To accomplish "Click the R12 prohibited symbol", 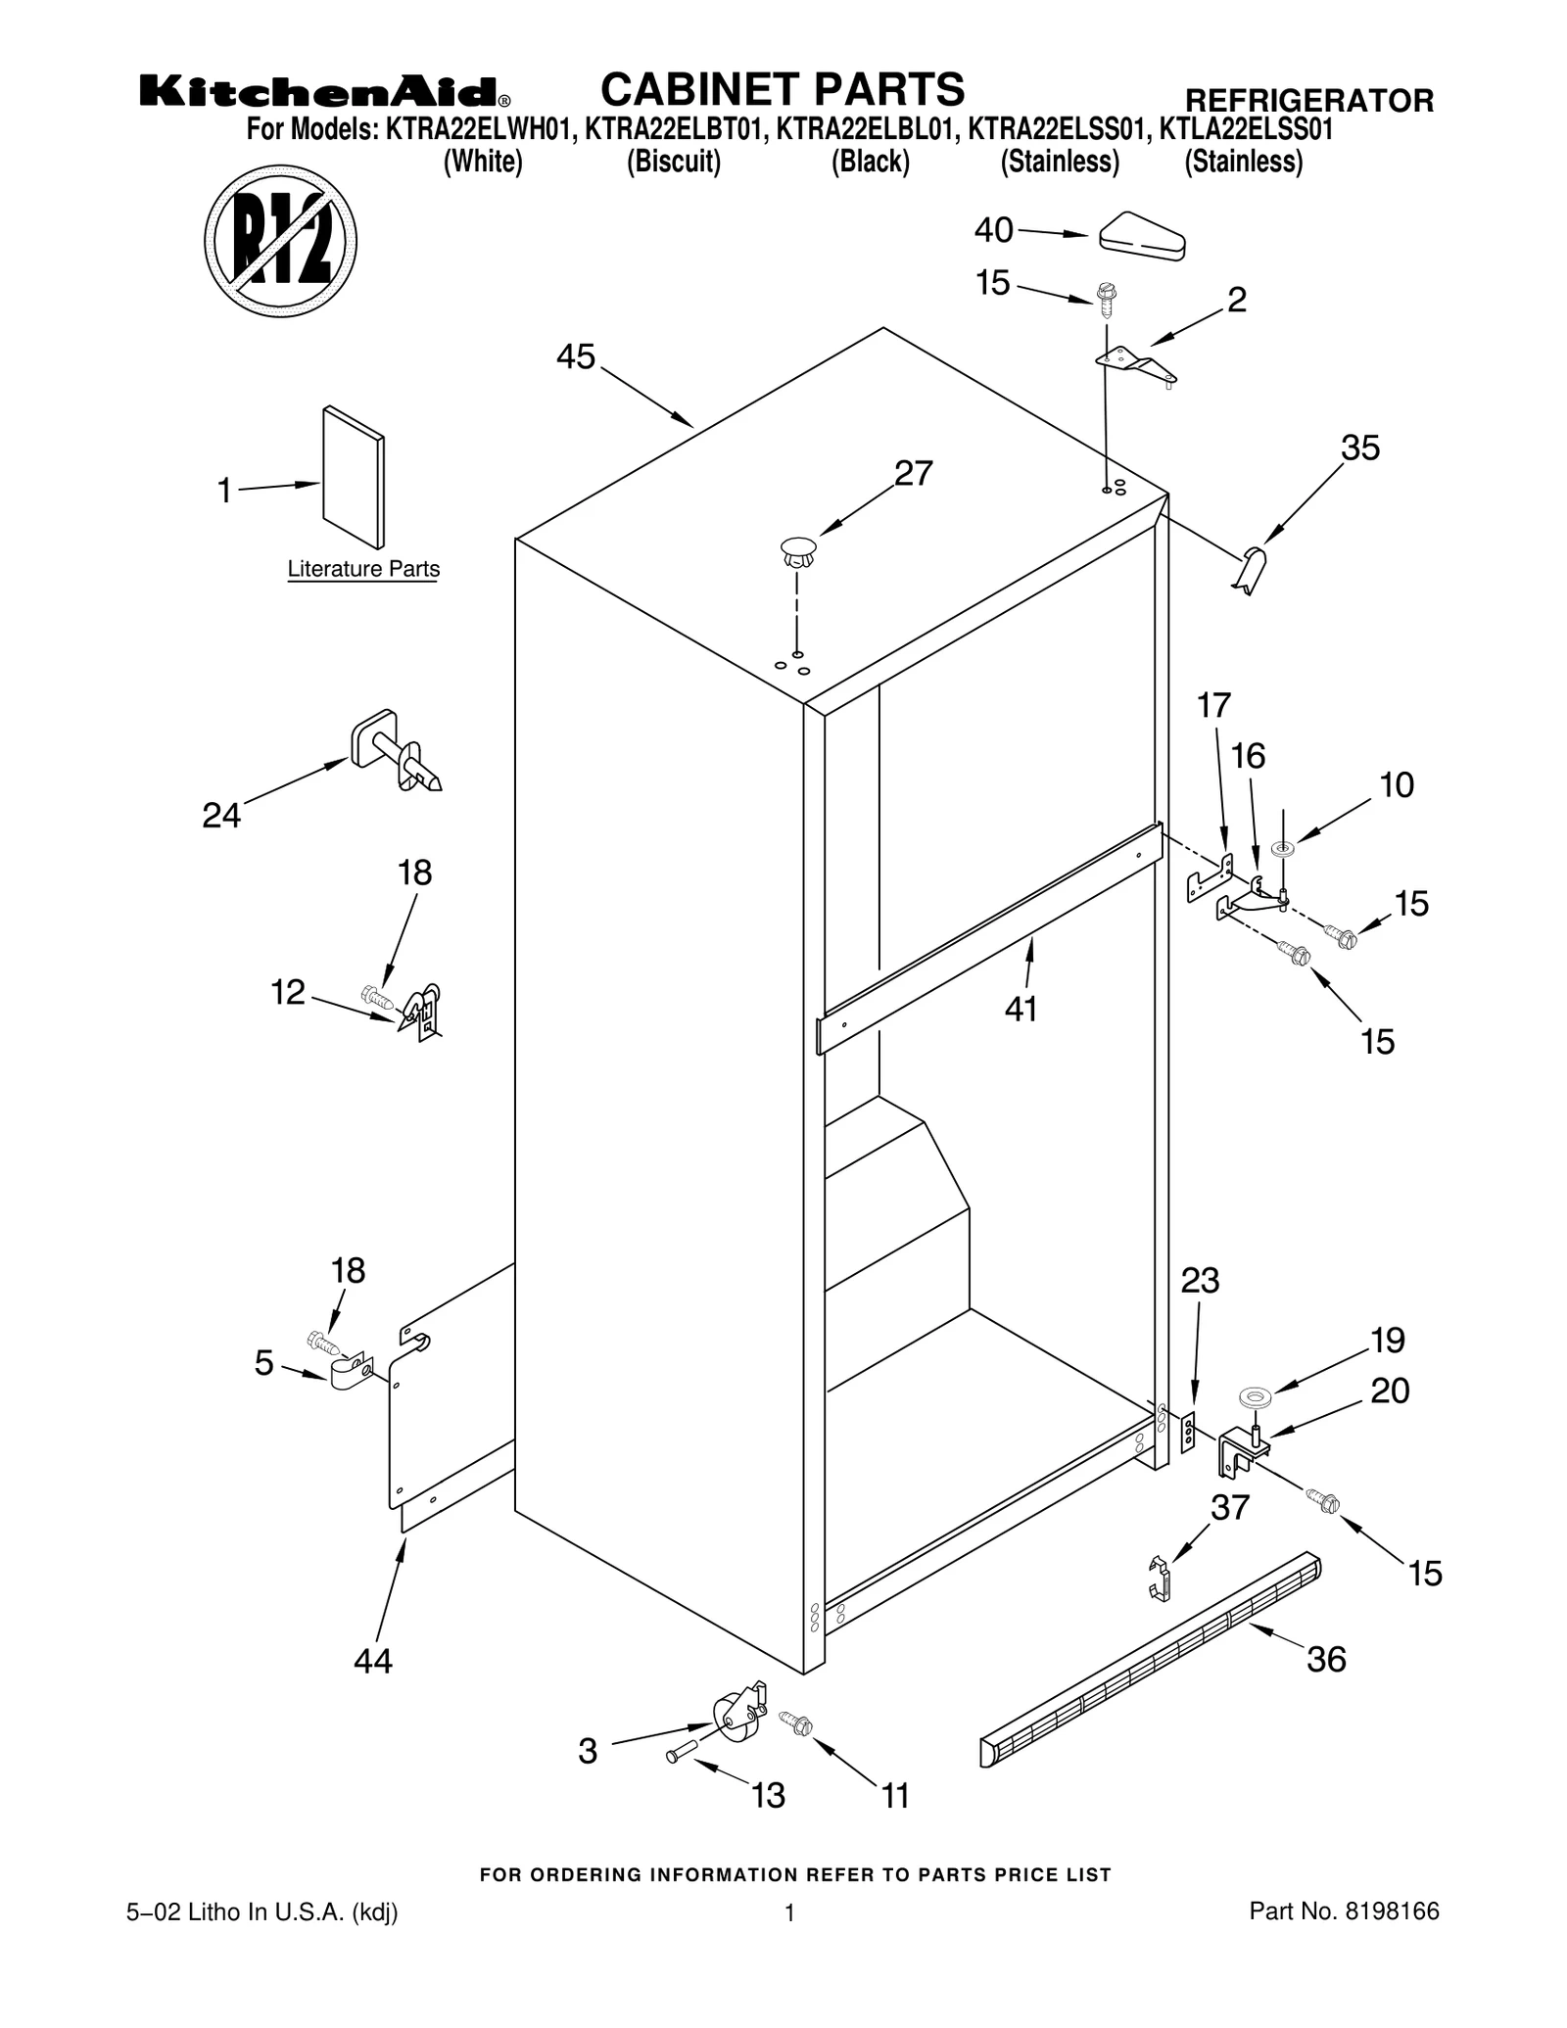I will (x=280, y=241).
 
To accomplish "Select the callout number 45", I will (x=575, y=357).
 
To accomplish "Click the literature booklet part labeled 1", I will (x=354, y=477).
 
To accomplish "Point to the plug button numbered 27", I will (x=799, y=551).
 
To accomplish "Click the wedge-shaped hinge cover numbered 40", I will (x=1142, y=236).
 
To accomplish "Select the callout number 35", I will (x=1359, y=448).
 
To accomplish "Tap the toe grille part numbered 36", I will (x=1152, y=1661).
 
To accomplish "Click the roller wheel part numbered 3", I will (x=736, y=1719).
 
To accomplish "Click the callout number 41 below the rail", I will (x=1021, y=1009).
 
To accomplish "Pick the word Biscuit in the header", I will (x=674, y=162).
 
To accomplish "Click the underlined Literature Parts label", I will (x=363, y=569).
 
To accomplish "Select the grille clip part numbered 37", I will (x=1160, y=1578).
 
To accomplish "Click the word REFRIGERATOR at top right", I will (x=1308, y=100).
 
